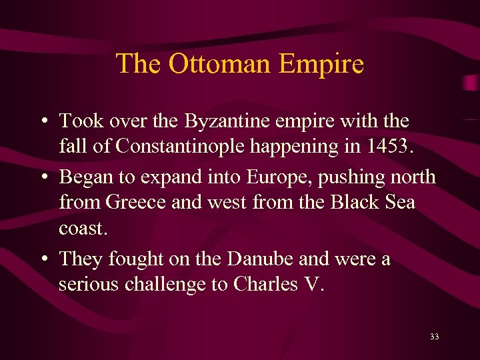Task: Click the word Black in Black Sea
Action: (356, 201)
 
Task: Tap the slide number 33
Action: (435, 337)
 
